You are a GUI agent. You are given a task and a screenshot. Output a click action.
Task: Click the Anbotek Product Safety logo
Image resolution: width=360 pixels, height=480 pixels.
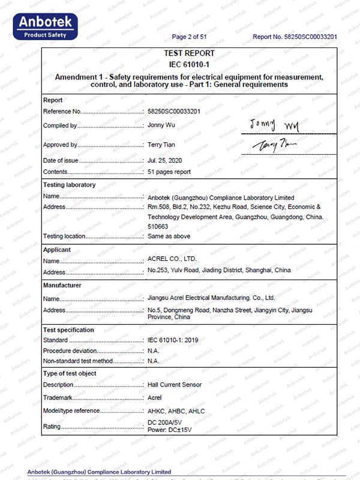(47, 26)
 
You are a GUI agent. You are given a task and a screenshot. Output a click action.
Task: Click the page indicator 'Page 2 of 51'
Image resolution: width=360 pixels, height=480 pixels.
(189, 37)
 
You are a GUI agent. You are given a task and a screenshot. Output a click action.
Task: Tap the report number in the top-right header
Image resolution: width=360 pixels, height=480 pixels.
(295, 37)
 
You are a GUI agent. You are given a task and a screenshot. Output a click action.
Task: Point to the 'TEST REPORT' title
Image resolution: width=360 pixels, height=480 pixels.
(189, 53)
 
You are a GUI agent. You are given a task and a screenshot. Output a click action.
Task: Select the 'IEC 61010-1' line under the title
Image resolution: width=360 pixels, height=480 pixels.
(189, 64)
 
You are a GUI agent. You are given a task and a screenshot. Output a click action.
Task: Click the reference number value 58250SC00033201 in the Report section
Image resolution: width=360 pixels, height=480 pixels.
(174, 112)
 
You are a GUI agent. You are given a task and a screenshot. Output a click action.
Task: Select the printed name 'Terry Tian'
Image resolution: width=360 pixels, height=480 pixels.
(163, 145)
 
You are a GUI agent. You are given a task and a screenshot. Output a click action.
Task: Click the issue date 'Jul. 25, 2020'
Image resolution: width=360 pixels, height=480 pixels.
(165, 160)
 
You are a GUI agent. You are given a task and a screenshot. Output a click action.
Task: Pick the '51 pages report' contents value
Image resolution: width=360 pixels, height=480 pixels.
(169, 172)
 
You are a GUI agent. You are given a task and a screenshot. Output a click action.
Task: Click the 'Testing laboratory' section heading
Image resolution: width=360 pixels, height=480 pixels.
(69, 185)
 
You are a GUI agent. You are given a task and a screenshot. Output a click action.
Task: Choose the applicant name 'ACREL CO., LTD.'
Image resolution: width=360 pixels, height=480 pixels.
(172, 259)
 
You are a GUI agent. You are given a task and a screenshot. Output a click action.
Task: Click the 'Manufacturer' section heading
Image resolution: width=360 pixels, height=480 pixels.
(62, 285)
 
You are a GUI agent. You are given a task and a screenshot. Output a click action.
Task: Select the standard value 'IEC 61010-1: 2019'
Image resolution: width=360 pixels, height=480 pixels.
(174, 340)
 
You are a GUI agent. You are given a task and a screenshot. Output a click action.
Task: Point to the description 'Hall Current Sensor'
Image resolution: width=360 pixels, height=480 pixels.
(175, 385)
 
